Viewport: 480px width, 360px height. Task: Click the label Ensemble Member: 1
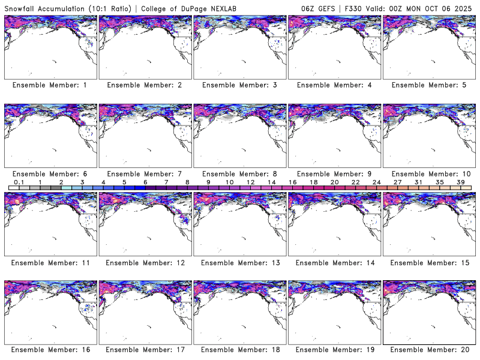(49, 85)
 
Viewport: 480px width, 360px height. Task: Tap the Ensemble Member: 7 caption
(144, 174)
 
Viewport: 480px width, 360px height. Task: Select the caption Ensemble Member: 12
(144, 263)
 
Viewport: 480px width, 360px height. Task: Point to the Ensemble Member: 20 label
(430, 350)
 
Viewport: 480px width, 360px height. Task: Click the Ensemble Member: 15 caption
(430, 263)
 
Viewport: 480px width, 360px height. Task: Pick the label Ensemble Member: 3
(239, 85)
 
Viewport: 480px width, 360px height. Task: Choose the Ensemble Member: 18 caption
(239, 350)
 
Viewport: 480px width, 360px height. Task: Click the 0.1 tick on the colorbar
(19, 182)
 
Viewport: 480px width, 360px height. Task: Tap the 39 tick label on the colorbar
(460, 182)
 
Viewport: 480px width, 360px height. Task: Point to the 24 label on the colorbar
(376, 182)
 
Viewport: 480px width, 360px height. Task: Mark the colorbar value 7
(166, 182)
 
